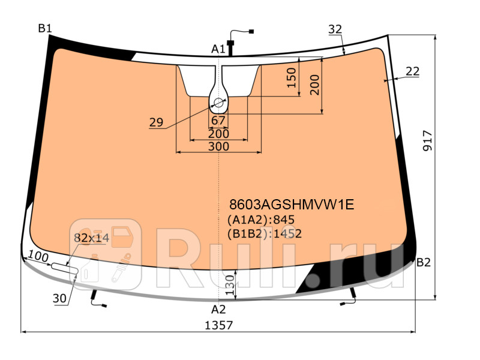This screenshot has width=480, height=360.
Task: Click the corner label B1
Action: [x=45, y=28]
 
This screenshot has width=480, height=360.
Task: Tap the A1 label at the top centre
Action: [x=218, y=49]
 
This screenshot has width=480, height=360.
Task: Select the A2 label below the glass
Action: [x=218, y=310]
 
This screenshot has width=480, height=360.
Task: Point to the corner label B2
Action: [x=424, y=263]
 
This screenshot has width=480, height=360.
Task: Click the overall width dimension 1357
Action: [x=219, y=325]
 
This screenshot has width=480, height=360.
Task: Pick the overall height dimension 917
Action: [x=427, y=142]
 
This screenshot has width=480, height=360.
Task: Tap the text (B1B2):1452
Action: [x=263, y=234]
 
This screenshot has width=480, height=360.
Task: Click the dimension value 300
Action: [x=218, y=146]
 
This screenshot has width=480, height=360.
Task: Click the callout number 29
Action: [x=156, y=122]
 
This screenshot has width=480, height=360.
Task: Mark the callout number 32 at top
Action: [x=335, y=29]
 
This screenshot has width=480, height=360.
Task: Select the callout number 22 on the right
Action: [x=412, y=71]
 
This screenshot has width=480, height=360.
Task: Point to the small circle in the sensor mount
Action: [x=218, y=103]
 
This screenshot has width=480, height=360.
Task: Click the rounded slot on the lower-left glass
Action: [x=64, y=269]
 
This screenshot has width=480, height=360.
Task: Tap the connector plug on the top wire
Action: [x=251, y=31]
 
